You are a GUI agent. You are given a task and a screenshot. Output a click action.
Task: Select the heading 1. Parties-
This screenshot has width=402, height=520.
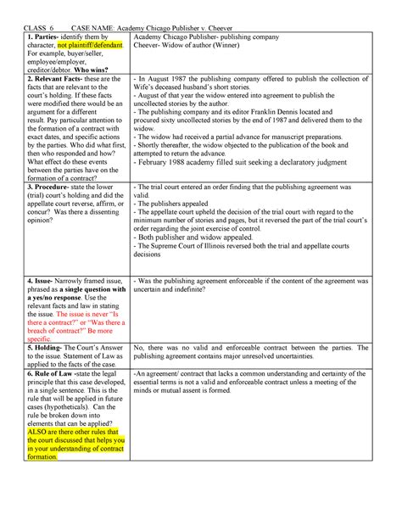pos(49,37)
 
